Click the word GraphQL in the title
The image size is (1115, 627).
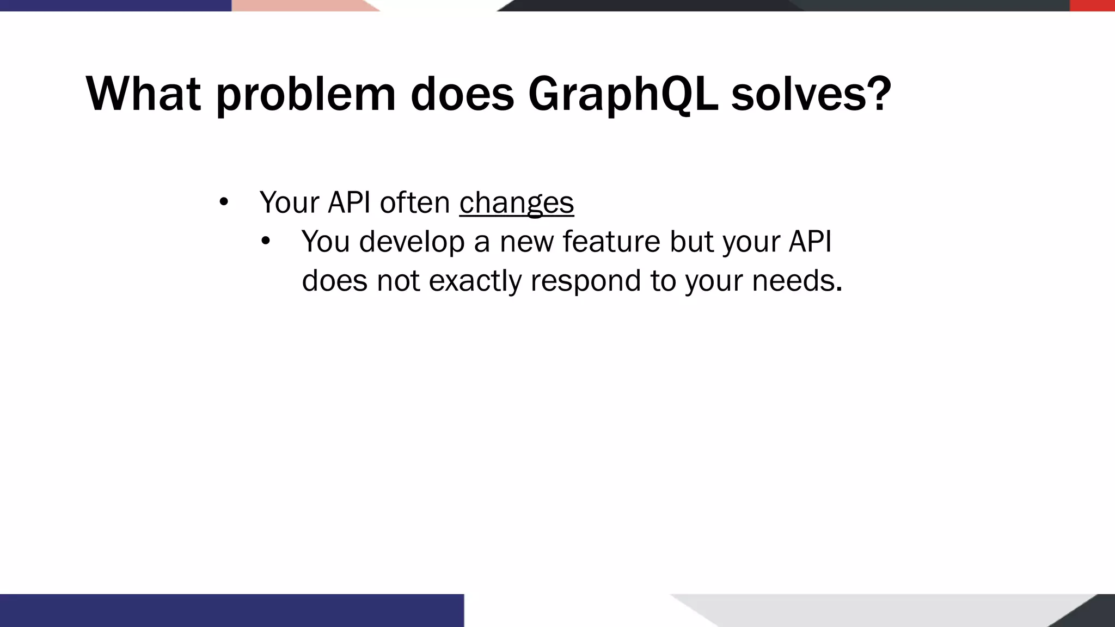pos(622,94)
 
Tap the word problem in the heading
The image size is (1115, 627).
pos(305,94)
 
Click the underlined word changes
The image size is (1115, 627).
pos(516,202)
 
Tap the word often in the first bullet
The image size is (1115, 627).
pos(414,202)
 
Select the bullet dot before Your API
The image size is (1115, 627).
pos(223,202)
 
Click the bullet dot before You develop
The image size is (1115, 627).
pos(265,241)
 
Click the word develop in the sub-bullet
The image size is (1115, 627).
pos(411,242)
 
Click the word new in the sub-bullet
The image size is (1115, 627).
pos(526,242)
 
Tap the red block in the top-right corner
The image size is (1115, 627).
pos(1092,5)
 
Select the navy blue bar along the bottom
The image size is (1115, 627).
pos(231,610)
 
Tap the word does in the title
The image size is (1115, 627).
pos(462,94)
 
